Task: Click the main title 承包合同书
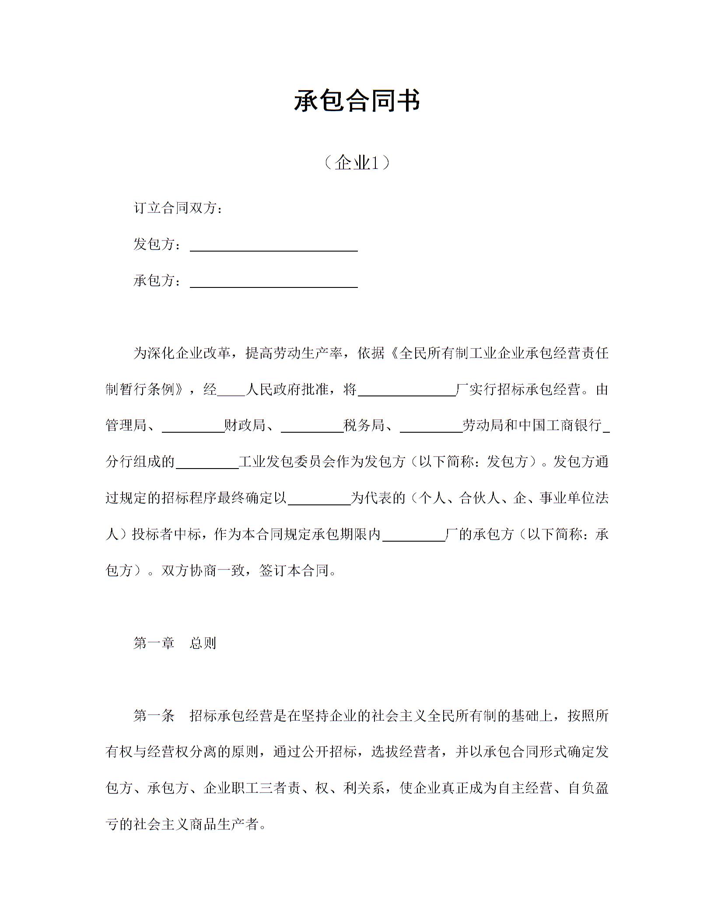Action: (x=357, y=101)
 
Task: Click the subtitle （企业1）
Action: (x=357, y=163)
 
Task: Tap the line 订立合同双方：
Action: (x=178, y=208)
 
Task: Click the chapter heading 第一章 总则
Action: (x=175, y=643)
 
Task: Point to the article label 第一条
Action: (x=154, y=716)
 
